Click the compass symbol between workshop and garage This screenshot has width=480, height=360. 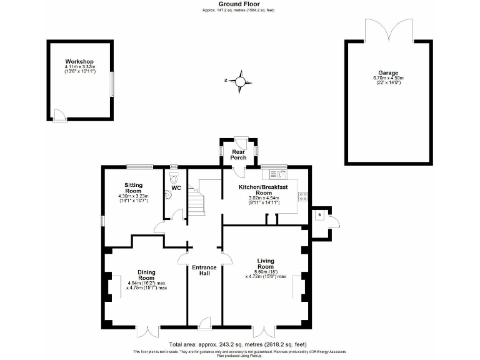pyautogui.click(x=239, y=81)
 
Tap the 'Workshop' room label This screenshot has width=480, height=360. pyautogui.click(x=79, y=62)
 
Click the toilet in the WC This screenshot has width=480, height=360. pyautogui.click(x=173, y=177)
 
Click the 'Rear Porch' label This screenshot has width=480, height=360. pyautogui.click(x=238, y=154)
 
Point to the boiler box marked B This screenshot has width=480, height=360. pyautogui.click(x=319, y=215)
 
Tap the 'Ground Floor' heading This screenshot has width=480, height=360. pyautogui.click(x=239, y=4)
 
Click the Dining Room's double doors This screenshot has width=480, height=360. pyautogui.click(x=149, y=331)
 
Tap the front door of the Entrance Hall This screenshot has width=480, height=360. pyautogui.click(x=204, y=324)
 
